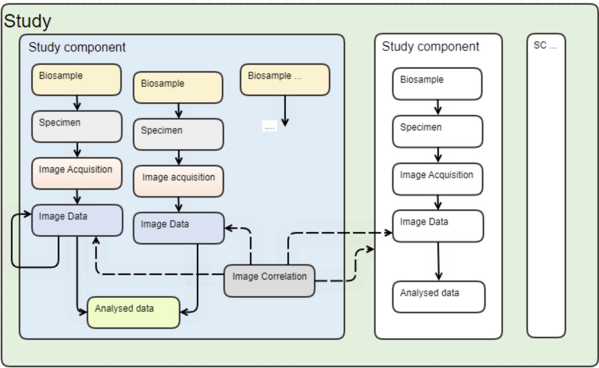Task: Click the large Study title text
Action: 27,21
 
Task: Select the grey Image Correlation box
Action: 269,280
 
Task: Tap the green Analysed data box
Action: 133,312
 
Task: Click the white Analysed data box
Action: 439,297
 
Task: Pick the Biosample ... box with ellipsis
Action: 285,80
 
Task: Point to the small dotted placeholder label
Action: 269,127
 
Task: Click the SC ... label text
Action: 545,45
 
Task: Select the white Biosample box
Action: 437,84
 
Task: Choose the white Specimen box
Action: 437,131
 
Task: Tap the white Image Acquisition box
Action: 437,179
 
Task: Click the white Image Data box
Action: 438,226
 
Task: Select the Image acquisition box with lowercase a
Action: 178,181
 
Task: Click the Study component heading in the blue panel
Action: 77,47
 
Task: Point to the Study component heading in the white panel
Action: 430,46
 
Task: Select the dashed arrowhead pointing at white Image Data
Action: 389,233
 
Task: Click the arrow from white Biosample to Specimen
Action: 438,107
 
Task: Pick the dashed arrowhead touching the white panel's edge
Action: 370,249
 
